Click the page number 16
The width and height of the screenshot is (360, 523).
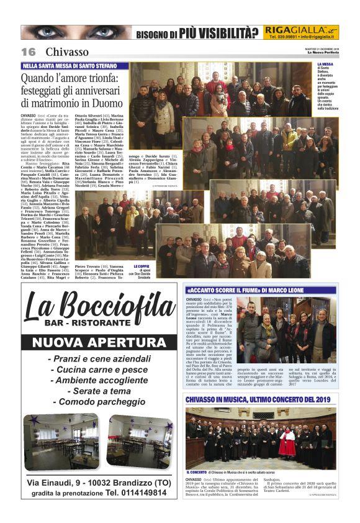click(x=28, y=52)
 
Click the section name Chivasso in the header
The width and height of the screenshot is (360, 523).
click(x=67, y=52)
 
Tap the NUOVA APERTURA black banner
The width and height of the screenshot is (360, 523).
click(x=99, y=342)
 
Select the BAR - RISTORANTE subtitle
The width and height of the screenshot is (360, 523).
click(x=99, y=324)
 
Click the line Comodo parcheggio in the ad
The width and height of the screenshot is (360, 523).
click(x=100, y=402)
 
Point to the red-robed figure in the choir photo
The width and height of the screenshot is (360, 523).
click(x=287, y=442)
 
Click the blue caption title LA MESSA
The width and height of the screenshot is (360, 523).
click(x=326, y=64)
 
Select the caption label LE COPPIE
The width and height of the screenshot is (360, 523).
click(x=143, y=265)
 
